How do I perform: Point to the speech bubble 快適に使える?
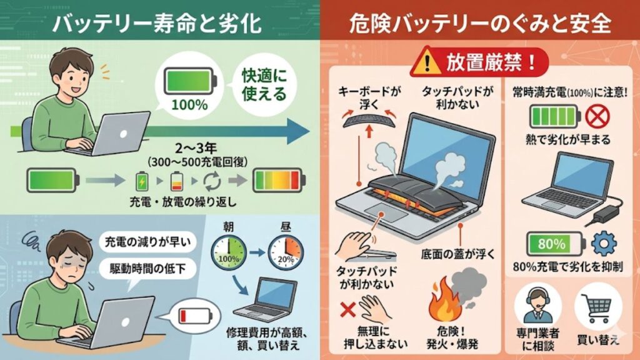click(264, 85)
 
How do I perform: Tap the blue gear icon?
click(604, 244)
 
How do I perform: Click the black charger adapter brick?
click(605, 214)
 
